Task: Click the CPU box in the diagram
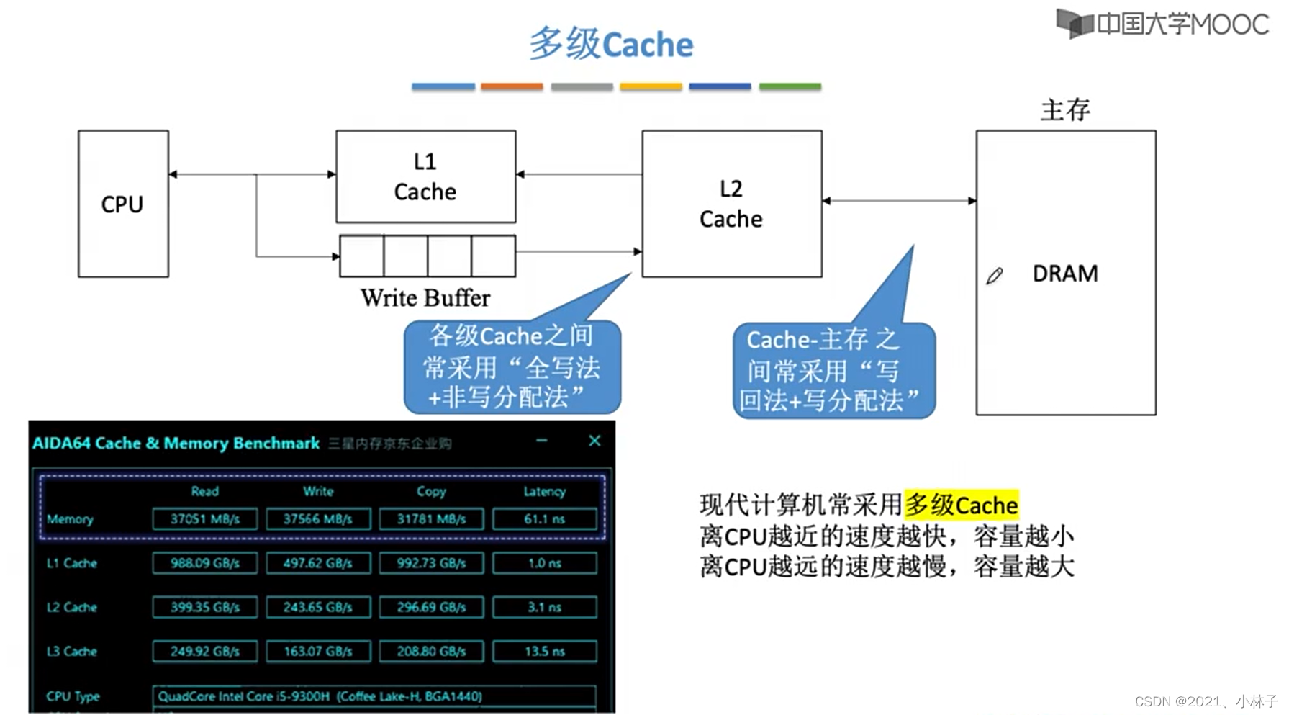click(x=123, y=204)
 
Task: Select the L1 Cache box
click(x=425, y=176)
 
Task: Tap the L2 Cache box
click(x=731, y=204)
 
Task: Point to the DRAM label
click(x=1064, y=274)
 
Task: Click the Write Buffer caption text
click(x=425, y=297)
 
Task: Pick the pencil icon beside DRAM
click(x=995, y=276)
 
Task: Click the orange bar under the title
click(x=512, y=86)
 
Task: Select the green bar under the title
click(x=790, y=86)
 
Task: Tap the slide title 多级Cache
click(x=611, y=44)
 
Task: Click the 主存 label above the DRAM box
click(x=1065, y=110)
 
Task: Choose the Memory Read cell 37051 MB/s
click(x=204, y=518)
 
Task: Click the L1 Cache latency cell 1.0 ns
click(x=545, y=563)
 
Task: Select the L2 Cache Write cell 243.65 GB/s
click(x=317, y=607)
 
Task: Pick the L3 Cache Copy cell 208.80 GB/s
click(x=431, y=651)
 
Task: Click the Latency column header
click(x=544, y=491)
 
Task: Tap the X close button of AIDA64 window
click(x=594, y=441)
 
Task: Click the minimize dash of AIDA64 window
click(x=542, y=440)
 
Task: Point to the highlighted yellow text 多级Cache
click(x=961, y=505)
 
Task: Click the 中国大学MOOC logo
click(x=1162, y=24)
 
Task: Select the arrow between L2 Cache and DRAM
click(x=899, y=201)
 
